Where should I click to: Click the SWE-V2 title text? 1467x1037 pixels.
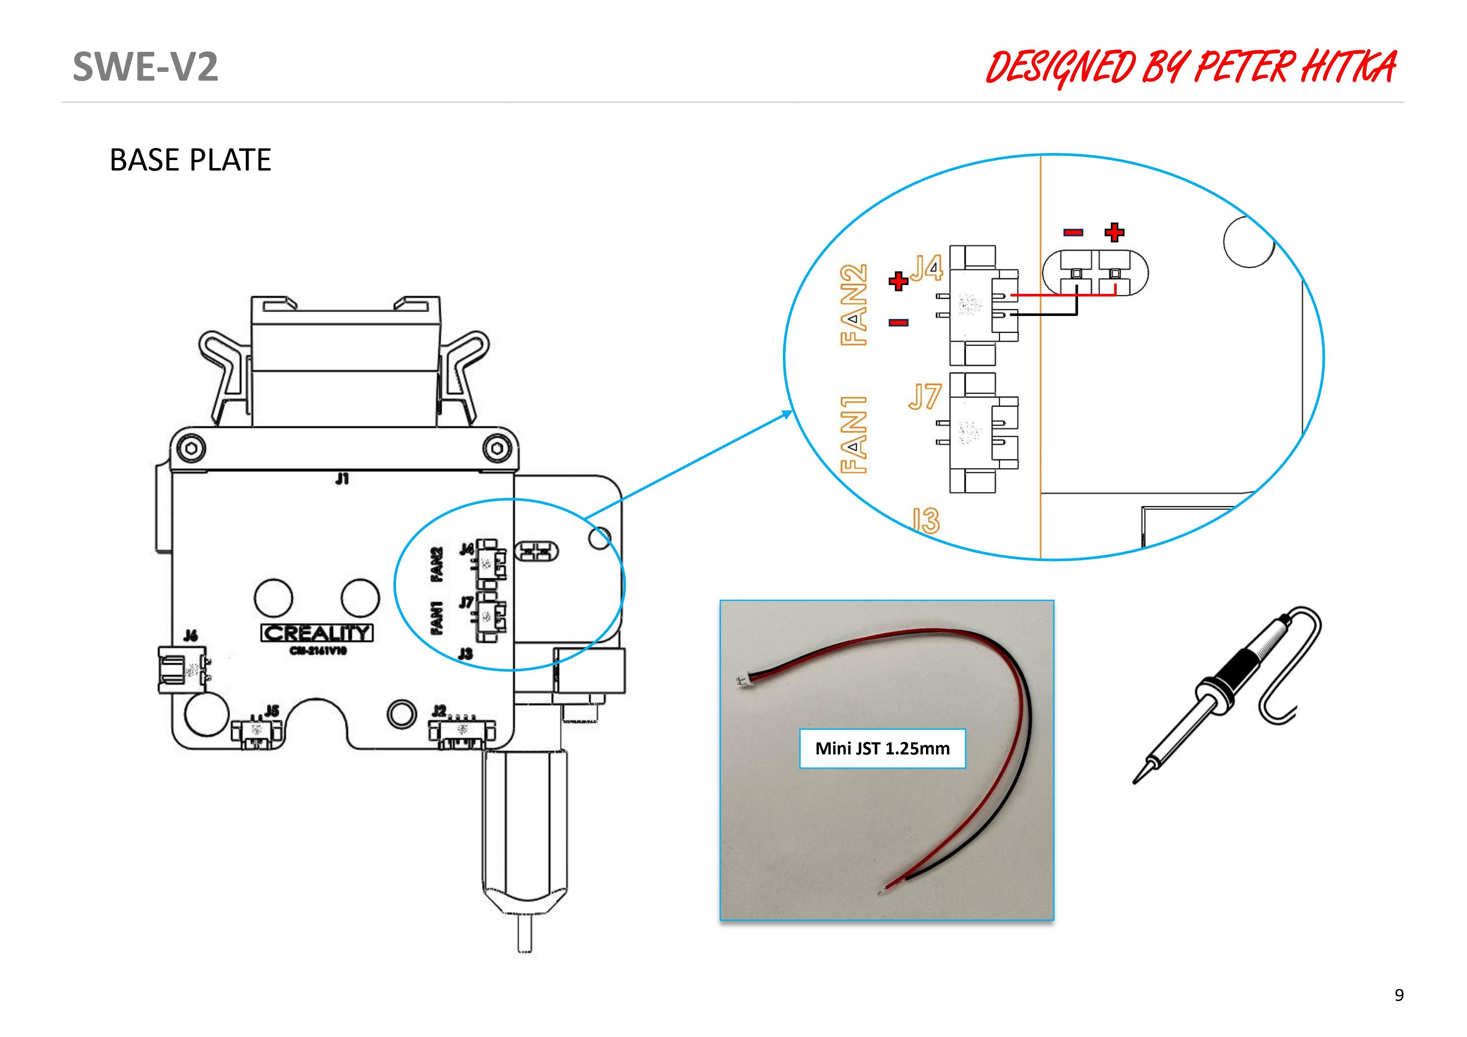coord(145,66)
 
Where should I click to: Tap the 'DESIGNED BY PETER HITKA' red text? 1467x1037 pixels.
coord(1190,68)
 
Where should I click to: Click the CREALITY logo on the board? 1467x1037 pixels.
coord(317,633)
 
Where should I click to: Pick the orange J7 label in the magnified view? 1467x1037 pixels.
coord(924,397)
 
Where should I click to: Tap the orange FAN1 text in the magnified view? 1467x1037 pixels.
coord(854,434)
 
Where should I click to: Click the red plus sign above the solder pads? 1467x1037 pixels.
coord(1114,232)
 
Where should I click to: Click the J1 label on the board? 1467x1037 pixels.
coord(342,479)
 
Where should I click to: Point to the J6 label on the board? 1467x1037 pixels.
coord(190,635)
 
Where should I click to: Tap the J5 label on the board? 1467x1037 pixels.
coord(272,711)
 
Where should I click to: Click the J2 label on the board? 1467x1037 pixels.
coord(439,710)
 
